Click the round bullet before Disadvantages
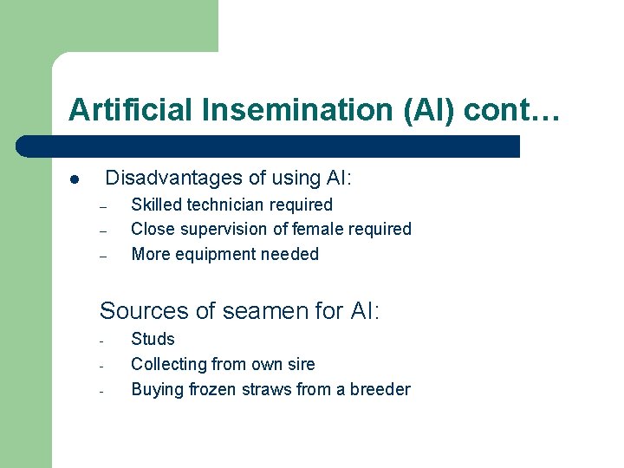(x=75, y=180)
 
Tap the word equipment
(x=216, y=255)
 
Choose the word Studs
(x=153, y=339)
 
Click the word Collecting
(x=168, y=364)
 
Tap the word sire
(x=300, y=364)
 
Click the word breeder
(x=380, y=389)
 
